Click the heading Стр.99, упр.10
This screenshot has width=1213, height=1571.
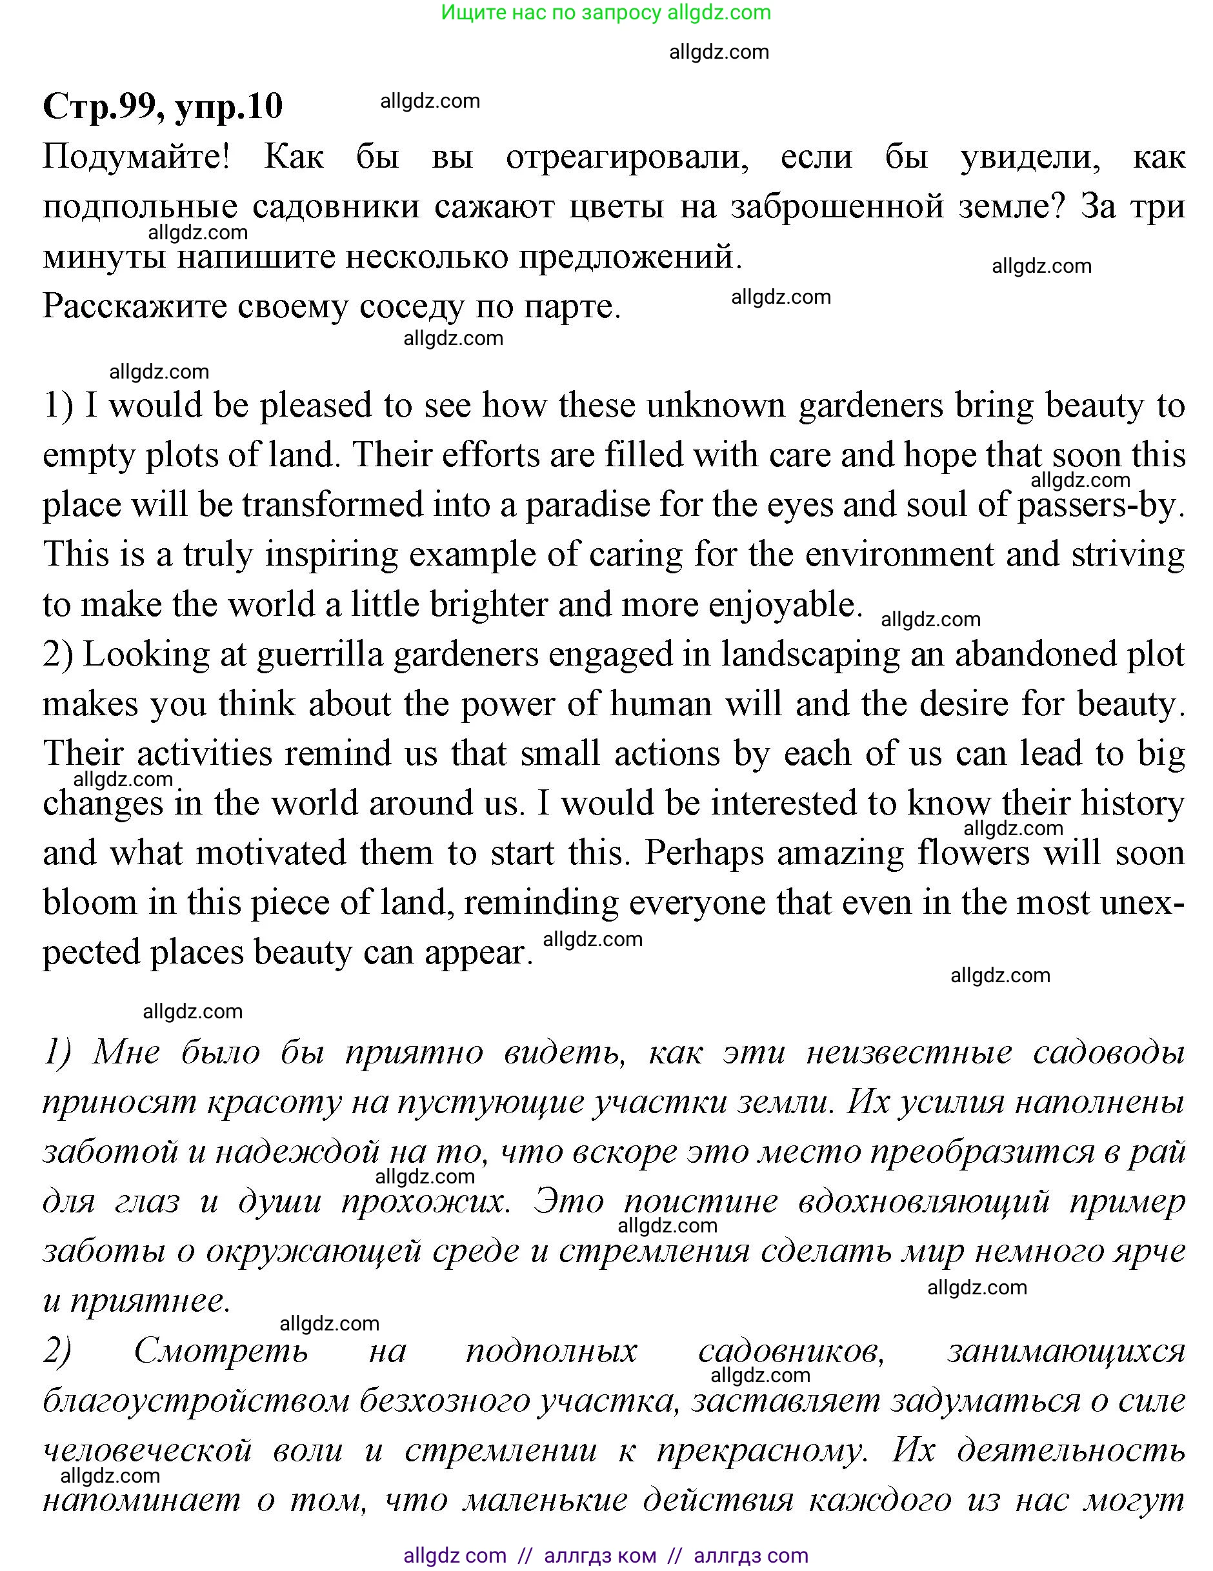click(x=163, y=106)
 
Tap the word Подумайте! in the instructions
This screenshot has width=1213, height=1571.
click(x=136, y=157)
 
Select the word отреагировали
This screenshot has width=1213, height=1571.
click(x=627, y=157)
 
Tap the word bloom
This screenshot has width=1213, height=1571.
click(x=90, y=903)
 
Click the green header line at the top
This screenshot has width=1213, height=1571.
click(x=606, y=12)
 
